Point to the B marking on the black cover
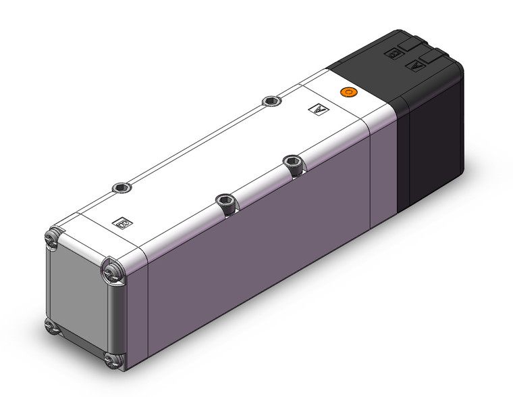(391, 52)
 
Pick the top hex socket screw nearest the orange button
(271, 101)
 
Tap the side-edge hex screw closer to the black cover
(293, 162)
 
